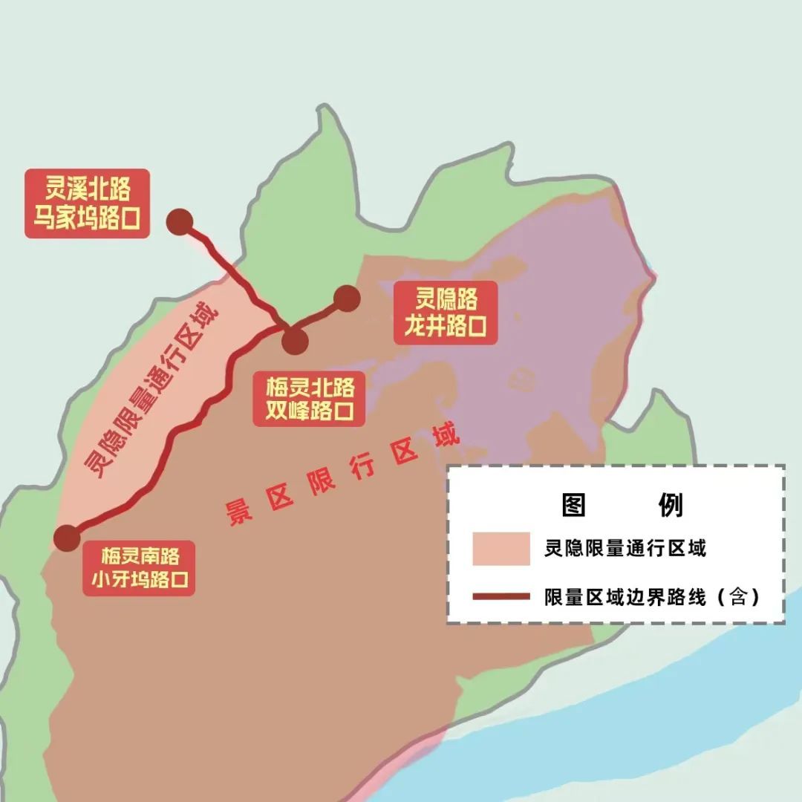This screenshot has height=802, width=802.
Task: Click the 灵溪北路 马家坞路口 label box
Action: [87, 203]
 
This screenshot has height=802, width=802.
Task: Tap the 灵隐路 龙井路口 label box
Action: [445, 313]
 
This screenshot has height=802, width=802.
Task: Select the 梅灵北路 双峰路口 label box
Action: [310, 399]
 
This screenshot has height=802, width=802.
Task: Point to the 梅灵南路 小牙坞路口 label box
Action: [139, 567]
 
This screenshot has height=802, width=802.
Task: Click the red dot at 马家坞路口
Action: [180, 222]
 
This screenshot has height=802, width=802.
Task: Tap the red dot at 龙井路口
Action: [347, 299]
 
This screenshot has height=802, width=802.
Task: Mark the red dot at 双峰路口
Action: [295, 341]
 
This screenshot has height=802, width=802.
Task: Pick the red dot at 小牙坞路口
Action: [67, 537]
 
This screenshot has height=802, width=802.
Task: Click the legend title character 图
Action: [574, 505]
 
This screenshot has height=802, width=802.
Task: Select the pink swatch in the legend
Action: [501, 549]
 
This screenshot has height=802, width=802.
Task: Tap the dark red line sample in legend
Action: [501, 596]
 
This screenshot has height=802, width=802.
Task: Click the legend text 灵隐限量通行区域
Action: [625, 549]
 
